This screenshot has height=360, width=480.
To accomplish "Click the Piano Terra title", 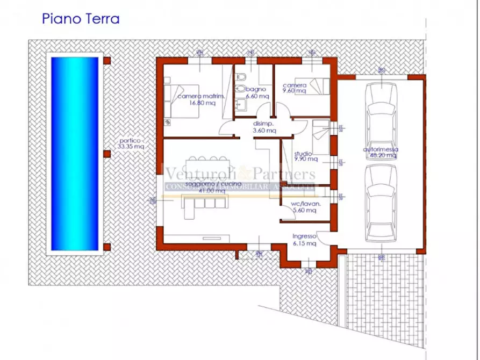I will [81, 18].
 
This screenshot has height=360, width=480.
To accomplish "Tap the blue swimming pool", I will [75, 154].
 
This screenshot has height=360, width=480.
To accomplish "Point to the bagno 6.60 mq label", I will [257, 92].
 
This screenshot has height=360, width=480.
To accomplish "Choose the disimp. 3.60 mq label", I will [264, 127].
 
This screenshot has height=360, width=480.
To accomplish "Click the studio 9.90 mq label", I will [305, 156].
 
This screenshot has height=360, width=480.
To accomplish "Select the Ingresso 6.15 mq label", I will [304, 240].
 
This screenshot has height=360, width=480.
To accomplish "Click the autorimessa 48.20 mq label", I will [380, 152].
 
